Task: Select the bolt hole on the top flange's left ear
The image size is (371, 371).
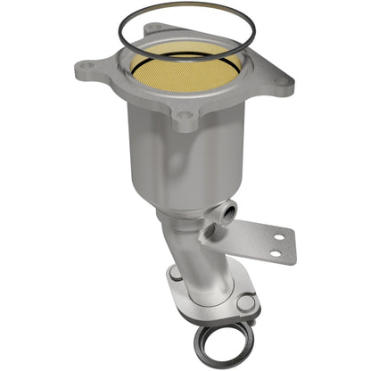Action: [x=87, y=65]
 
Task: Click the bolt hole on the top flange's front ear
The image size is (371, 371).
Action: [x=185, y=114]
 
